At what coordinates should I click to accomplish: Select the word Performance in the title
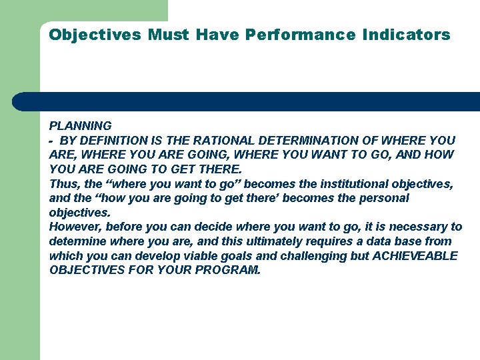point(300,35)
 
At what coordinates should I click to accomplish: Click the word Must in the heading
point(169,35)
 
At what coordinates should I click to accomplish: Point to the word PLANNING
point(81,125)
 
